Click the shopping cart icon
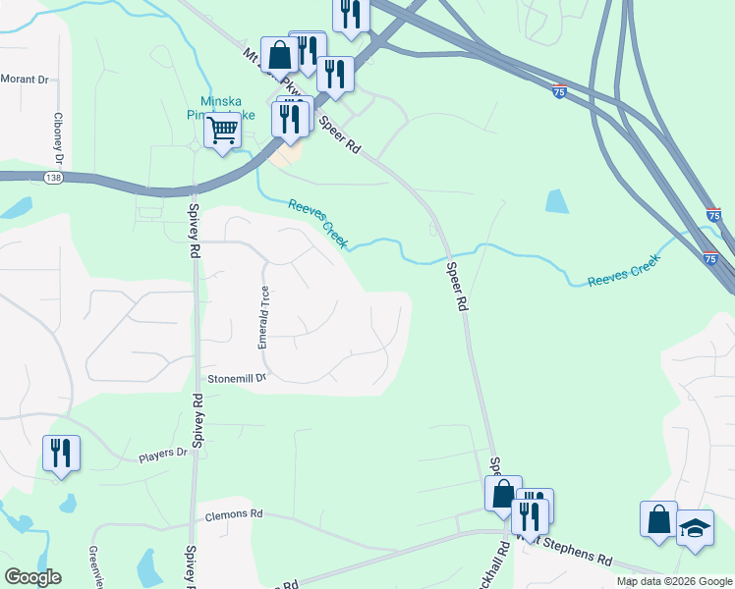tap(223, 129)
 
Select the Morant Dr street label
tap(24, 79)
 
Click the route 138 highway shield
tap(54, 177)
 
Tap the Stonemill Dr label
tap(237, 378)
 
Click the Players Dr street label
tap(162, 454)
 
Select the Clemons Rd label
tap(233, 513)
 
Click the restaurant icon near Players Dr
tap(61, 454)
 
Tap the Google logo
tap(32, 577)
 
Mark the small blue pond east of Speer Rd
tap(556, 201)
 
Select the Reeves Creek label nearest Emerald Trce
tap(317, 222)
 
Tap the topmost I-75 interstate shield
tap(558, 89)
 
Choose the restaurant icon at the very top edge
tap(351, 13)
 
